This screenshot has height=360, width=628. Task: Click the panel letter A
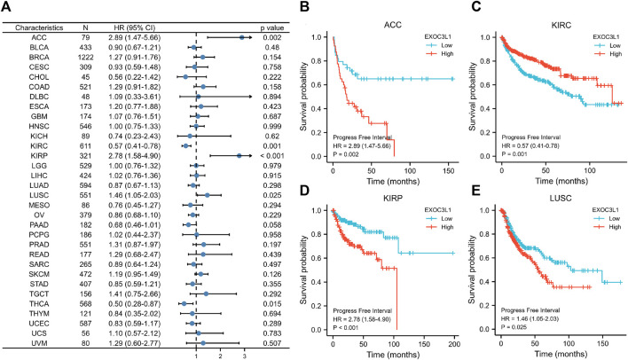[x=7, y=7]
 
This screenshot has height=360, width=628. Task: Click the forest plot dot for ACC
[x=242, y=37]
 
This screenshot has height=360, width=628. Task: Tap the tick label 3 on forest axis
[x=242, y=354]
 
